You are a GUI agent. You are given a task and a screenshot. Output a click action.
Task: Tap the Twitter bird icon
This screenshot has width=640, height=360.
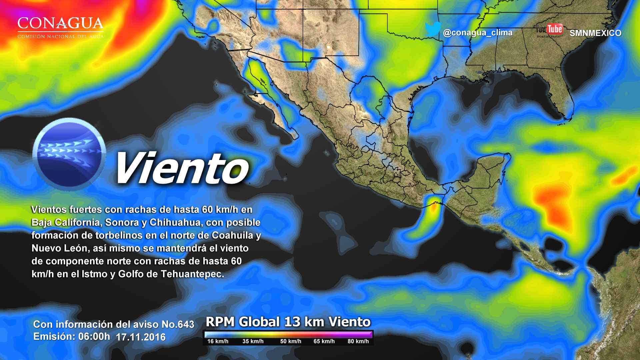(433, 30)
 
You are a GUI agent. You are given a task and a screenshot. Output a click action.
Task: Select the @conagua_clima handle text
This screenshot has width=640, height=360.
(478, 33)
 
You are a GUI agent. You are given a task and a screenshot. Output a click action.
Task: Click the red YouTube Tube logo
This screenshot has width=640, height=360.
(554, 29)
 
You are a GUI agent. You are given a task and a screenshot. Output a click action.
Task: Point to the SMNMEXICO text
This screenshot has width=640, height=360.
(595, 33)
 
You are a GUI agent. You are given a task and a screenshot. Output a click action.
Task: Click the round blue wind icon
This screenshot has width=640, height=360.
(69, 154)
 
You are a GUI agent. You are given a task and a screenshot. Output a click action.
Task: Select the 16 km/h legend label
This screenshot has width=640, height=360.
(218, 341)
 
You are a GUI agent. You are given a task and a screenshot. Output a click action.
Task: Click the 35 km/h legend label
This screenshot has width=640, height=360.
(253, 341)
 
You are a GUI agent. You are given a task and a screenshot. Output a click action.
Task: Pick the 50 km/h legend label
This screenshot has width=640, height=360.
(291, 341)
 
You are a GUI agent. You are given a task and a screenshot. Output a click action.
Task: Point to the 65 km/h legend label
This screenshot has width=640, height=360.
(324, 341)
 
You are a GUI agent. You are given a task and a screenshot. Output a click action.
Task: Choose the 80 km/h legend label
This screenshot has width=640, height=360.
(358, 341)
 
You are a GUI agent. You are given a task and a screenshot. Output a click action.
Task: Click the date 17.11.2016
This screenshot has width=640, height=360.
(141, 337)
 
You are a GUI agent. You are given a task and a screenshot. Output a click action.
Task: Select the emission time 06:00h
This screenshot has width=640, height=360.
(94, 337)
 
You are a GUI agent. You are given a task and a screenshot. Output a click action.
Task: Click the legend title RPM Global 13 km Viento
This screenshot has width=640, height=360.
(288, 322)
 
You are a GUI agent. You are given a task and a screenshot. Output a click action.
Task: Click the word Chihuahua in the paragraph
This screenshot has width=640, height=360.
(173, 222)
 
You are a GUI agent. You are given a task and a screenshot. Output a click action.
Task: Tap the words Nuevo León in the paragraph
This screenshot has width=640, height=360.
(58, 248)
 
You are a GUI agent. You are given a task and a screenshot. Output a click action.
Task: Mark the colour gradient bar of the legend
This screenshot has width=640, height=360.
(288, 335)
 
